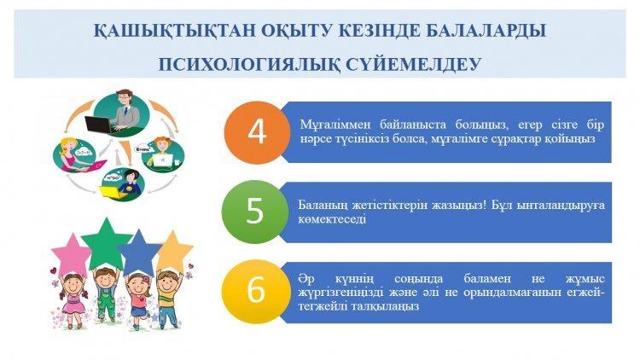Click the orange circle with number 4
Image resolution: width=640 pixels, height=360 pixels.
[257, 132]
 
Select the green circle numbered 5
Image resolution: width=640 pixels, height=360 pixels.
[254, 212]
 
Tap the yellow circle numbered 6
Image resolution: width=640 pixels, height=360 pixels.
[256, 291]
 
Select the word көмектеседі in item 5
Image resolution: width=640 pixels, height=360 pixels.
[332, 219]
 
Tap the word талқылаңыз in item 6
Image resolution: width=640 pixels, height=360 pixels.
[358, 306]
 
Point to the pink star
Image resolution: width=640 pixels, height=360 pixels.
[72, 254]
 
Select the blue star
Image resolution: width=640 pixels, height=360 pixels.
[140, 252]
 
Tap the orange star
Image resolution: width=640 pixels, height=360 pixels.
[175, 249]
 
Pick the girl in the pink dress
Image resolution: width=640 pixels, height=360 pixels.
[73, 301]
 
